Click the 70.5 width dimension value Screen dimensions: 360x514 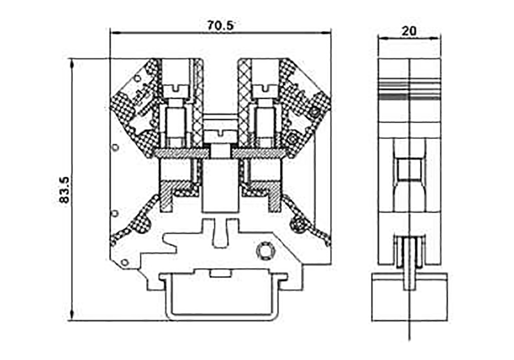click(x=220, y=25)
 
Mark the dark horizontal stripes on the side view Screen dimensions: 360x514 click(x=409, y=92)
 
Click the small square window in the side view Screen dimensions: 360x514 click(x=409, y=169)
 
